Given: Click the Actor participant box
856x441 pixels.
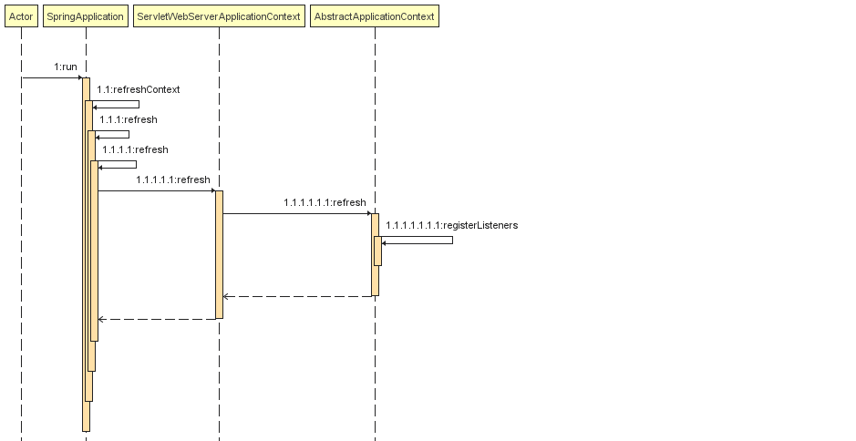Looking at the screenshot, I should (21, 16).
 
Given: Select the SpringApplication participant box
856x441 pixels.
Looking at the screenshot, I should (85, 16).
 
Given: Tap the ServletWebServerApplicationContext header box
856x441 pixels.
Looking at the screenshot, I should (218, 16).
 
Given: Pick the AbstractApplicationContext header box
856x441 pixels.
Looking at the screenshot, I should (374, 16).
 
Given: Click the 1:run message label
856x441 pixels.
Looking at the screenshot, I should (66, 67).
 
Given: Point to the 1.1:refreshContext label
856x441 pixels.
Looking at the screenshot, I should (139, 89).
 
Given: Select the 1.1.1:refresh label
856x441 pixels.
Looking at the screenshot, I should (129, 119).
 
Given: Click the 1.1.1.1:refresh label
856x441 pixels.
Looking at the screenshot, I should (135, 149).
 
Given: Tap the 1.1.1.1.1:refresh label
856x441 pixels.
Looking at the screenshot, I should (172, 179).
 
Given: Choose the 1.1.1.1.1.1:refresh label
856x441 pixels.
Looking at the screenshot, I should (325, 202).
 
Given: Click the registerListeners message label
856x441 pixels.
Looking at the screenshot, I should (451, 225).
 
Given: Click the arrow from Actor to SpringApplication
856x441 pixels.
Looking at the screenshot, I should (52, 77).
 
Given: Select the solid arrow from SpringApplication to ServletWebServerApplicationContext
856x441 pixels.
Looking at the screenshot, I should (156, 190).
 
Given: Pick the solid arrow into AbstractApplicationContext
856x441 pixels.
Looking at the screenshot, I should (296, 213).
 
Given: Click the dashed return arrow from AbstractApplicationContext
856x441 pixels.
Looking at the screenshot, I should (297, 296).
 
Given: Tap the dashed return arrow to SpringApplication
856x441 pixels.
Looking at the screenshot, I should (156, 319).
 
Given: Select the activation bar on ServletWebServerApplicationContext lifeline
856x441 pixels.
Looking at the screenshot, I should (219, 255).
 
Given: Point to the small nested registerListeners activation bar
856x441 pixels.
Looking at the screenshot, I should (377, 251).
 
